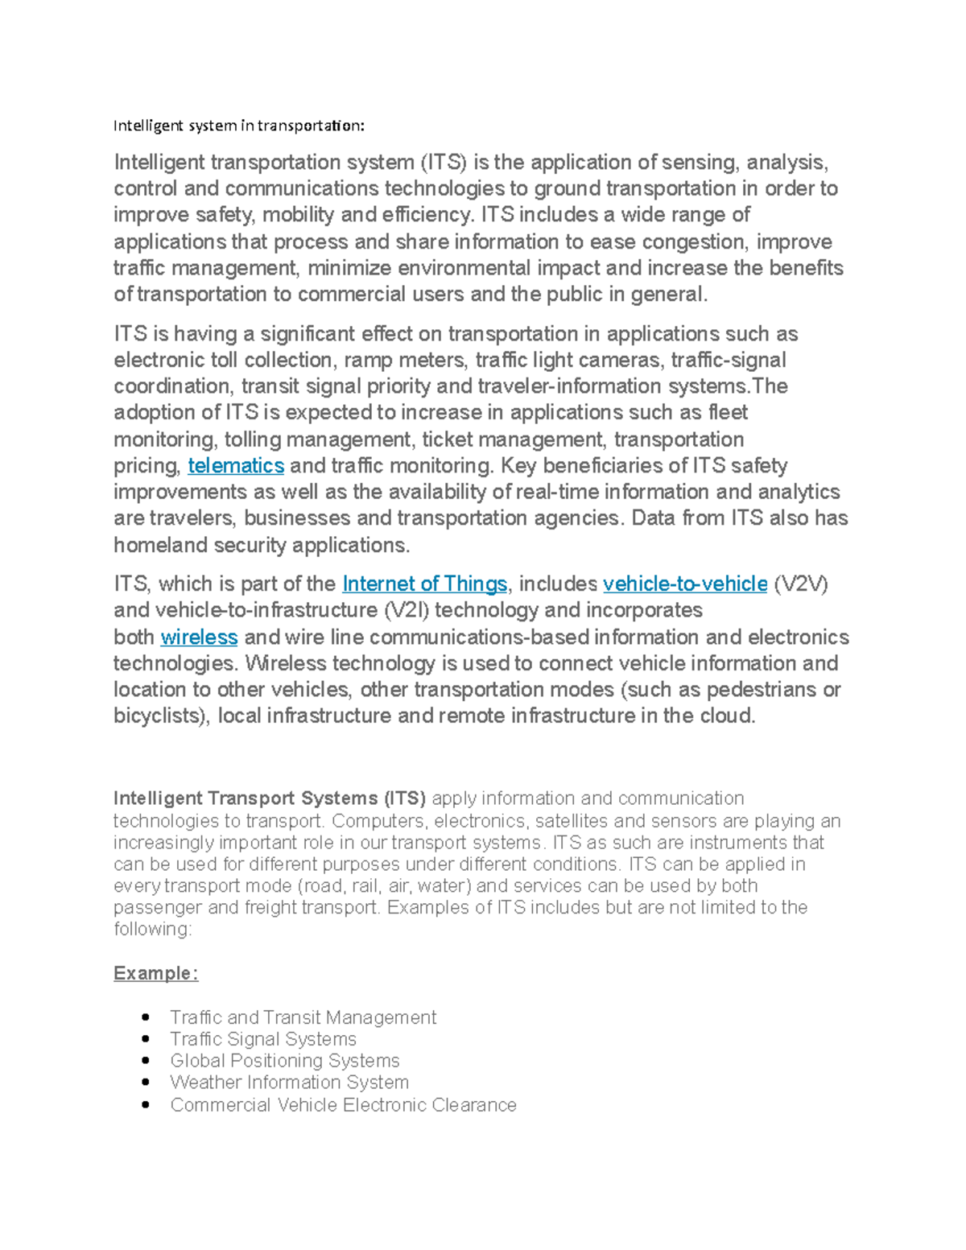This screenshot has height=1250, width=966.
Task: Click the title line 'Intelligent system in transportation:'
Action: pyautogui.click(x=238, y=126)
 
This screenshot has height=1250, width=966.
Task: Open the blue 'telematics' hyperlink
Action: pyautogui.click(x=235, y=466)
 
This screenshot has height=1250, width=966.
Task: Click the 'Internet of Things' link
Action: pyautogui.click(x=424, y=584)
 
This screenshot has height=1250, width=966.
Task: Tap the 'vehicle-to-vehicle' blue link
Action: pyautogui.click(x=684, y=584)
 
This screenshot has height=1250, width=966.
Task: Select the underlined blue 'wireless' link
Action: pyautogui.click(x=199, y=637)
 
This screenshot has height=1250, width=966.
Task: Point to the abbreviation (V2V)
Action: pyautogui.click(x=801, y=584)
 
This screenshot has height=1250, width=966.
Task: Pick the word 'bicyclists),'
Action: pyautogui.click(x=163, y=716)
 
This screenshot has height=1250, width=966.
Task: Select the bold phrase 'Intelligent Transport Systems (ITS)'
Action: pyautogui.click(x=270, y=798)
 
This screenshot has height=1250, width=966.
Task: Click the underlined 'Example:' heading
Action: pyautogui.click(x=155, y=973)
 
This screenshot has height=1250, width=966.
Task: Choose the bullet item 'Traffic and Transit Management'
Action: pyautogui.click(x=303, y=1017)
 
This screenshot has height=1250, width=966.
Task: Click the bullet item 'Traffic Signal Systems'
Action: pyautogui.click(x=262, y=1039)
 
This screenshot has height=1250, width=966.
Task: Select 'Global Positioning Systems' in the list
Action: pyautogui.click(x=284, y=1061)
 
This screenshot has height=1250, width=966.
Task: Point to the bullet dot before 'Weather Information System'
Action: pyautogui.click(x=146, y=1083)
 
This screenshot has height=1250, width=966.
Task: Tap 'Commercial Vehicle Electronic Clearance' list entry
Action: pyautogui.click(x=343, y=1105)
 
